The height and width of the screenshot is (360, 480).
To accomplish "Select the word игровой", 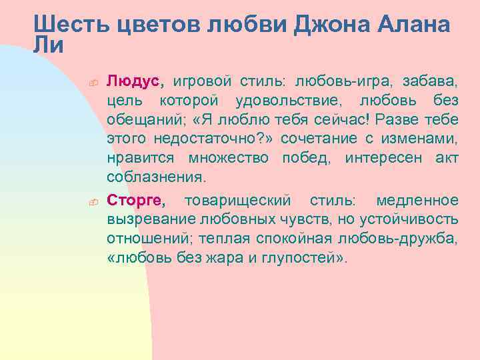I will [x=203, y=82].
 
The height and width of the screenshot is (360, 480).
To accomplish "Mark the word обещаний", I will [x=138, y=121].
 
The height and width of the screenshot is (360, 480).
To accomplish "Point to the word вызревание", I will [x=142, y=220].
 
